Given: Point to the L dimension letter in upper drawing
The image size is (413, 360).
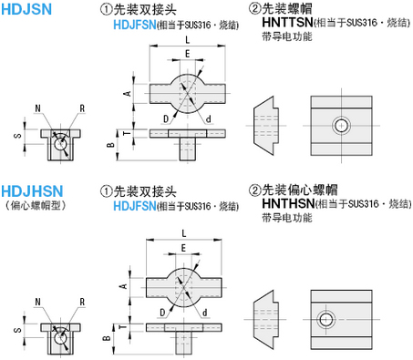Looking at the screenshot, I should point(186,41).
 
